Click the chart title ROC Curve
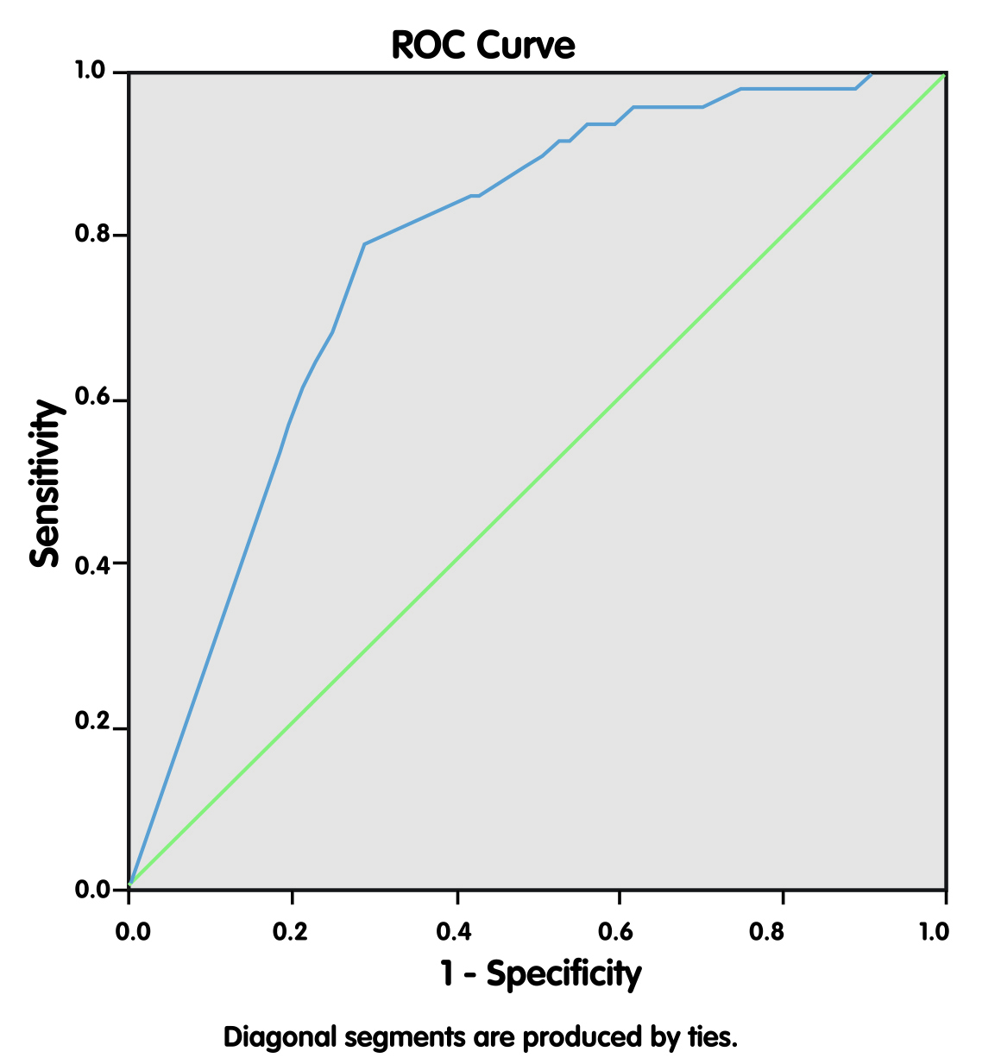pyautogui.click(x=482, y=45)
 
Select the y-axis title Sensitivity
pyautogui.click(x=46, y=482)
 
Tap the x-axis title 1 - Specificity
pyautogui.click(x=541, y=974)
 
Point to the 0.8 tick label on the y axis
pyautogui.click(x=91, y=236)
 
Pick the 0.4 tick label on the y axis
pyautogui.click(x=91, y=564)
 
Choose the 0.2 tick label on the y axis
pyautogui.click(x=91, y=728)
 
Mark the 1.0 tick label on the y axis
pyautogui.click(x=91, y=72)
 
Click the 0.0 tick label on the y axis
pyautogui.click(x=91, y=891)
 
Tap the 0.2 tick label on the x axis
pyautogui.click(x=292, y=931)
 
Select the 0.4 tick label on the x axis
pyautogui.click(x=455, y=931)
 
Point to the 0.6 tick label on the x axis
pyautogui.click(x=619, y=931)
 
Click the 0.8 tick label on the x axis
pyautogui.click(x=782, y=931)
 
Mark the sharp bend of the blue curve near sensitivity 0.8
pyautogui.click(x=365, y=244)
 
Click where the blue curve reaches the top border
pyautogui.click(x=872, y=74)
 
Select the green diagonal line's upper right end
pyautogui.click(x=944, y=76)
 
